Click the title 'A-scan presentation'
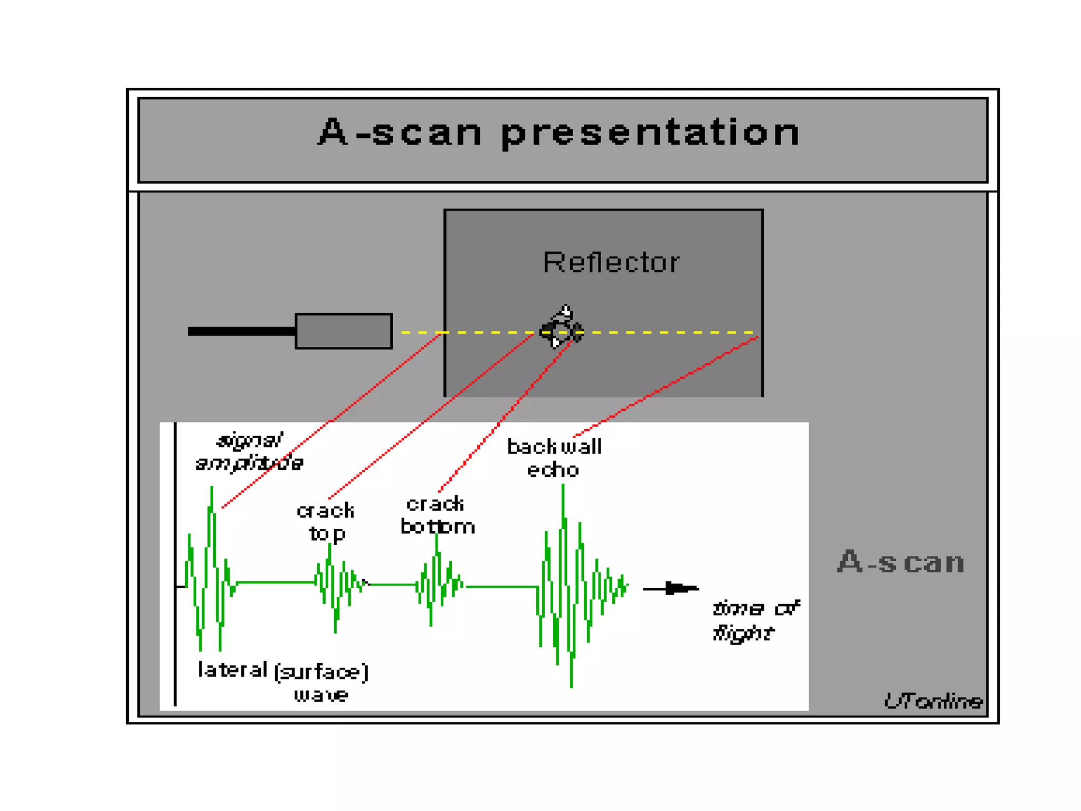click(x=560, y=132)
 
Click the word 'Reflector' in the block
click(x=611, y=262)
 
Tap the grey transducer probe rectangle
click(x=344, y=331)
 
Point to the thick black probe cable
click(x=242, y=331)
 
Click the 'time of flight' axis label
click(x=755, y=620)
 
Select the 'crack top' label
click(x=326, y=522)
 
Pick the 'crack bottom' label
click(x=437, y=515)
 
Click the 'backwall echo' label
click(x=554, y=458)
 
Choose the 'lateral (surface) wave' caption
click(x=283, y=681)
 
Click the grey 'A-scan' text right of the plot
click(x=900, y=562)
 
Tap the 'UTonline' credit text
click(x=933, y=701)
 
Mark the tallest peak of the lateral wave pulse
click(x=212, y=489)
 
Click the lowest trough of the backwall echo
click(x=571, y=685)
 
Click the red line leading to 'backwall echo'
click(x=665, y=387)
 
